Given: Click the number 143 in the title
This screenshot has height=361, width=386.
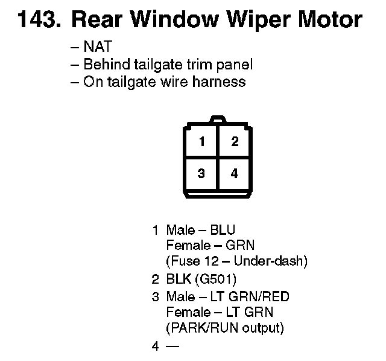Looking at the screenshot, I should click(38, 21).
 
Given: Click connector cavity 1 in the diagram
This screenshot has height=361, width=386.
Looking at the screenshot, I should click(203, 142).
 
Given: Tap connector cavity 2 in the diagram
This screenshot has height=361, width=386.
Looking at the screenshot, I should click(235, 142).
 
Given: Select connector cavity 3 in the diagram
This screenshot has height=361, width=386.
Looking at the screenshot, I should click(203, 174).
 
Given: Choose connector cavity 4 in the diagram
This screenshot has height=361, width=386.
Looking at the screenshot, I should click(235, 174).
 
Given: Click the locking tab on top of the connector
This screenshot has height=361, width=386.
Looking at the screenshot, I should click(218, 120).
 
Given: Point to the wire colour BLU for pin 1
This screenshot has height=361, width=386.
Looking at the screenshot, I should click(223, 230).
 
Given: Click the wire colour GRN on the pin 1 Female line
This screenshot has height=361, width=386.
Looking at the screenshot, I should click(241, 246).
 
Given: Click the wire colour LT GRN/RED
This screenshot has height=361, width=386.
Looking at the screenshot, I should click(250, 296).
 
